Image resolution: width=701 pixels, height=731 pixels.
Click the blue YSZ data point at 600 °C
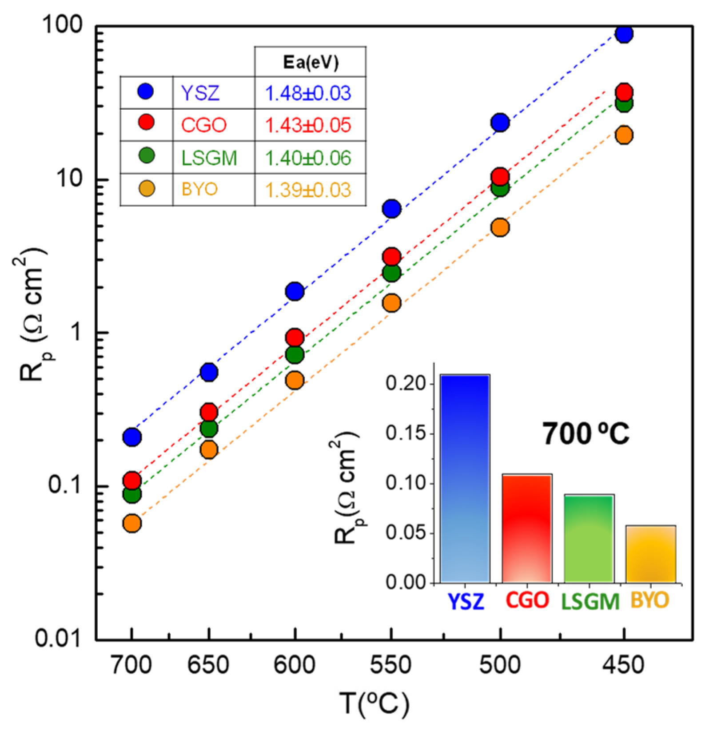[295, 291]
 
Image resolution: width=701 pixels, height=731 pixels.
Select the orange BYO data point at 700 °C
[132, 524]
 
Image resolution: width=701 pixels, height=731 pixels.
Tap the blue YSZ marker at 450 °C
[624, 34]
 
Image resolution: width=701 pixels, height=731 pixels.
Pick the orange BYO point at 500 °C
[500, 227]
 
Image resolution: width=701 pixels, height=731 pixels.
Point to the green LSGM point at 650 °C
[209, 429]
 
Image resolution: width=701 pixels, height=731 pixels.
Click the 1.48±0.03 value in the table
[308, 93]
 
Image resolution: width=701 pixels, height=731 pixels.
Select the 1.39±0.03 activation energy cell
[308, 190]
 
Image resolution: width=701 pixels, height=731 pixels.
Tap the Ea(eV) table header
[311, 62]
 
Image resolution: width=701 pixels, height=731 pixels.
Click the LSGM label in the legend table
[209, 158]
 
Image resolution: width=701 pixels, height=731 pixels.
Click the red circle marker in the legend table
[146, 122]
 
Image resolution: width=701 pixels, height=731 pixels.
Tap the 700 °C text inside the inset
[585, 434]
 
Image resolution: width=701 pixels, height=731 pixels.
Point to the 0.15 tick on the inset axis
[406, 433]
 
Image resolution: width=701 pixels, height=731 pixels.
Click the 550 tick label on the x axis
[391, 665]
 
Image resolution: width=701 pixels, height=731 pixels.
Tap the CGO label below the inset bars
[527, 601]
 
